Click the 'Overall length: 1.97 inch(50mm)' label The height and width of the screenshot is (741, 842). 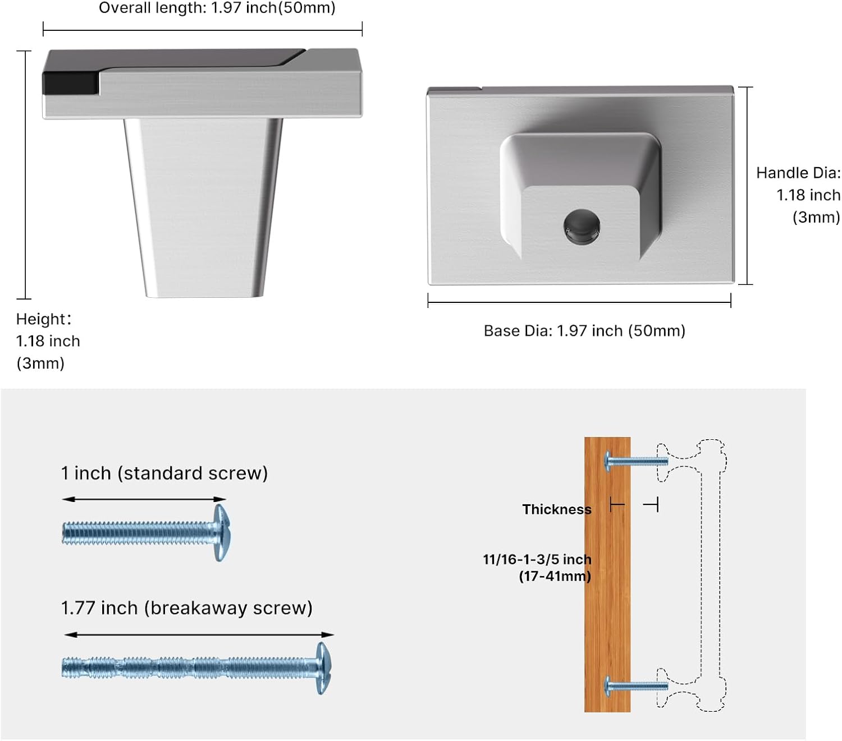click(x=217, y=8)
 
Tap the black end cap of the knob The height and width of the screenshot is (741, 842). click(x=71, y=83)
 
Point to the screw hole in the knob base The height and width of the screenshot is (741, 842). click(x=582, y=227)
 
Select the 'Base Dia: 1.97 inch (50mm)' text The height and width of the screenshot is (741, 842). click(x=584, y=331)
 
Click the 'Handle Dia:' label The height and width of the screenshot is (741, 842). click(x=798, y=173)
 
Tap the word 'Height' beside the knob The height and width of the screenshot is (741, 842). click(x=41, y=319)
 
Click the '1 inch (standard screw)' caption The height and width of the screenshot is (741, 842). click(x=164, y=473)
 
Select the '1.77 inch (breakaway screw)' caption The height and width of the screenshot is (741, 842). click(x=186, y=607)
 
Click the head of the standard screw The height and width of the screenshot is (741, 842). click(x=221, y=533)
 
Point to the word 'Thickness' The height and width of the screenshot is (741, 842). click(x=557, y=509)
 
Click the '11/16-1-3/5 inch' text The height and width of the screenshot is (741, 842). click(x=537, y=559)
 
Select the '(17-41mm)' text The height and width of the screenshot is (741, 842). click(x=555, y=576)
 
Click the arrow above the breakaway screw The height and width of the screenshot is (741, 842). click(x=199, y=634)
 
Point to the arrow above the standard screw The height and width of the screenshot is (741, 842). click(x=144, y=499)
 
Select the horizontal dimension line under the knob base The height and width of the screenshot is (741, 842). click(x=579, y=302)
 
